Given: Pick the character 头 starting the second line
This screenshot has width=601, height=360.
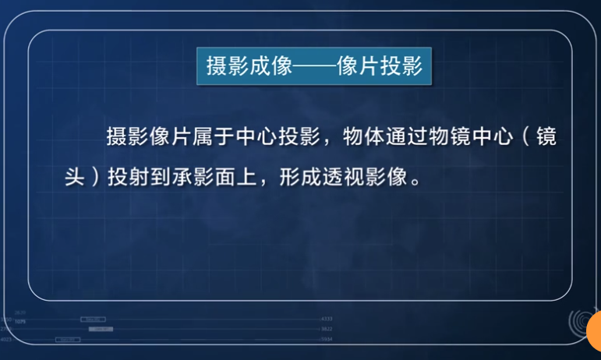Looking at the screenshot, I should (74, 176).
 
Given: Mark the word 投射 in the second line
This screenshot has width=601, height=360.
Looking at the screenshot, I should (127, 176).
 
